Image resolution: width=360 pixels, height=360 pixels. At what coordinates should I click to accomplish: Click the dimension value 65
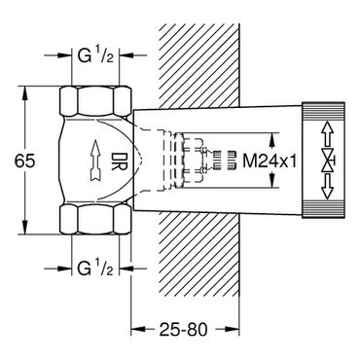(x=24, y=161)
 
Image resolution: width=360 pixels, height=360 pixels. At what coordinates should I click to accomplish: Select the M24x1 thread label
(x=270, y=161)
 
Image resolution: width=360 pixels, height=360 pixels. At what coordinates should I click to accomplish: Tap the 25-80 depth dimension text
(x=184, y=330)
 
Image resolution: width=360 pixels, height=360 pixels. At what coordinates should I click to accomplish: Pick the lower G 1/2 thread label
(x=95, y=269)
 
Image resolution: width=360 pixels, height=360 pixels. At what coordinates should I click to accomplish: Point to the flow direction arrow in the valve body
(x=95, y=160)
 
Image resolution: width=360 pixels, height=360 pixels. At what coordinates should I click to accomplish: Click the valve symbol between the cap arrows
(x=328, y=161)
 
